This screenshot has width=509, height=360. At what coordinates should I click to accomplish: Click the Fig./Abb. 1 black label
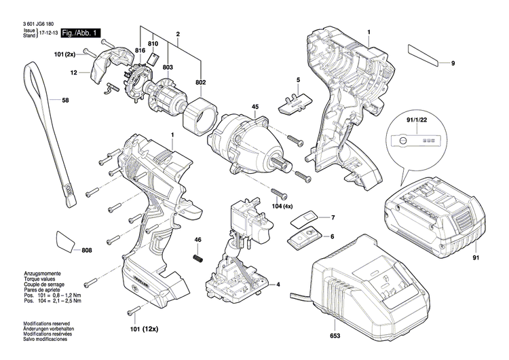pos(80,33)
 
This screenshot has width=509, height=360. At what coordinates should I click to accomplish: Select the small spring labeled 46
pos(199,259)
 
